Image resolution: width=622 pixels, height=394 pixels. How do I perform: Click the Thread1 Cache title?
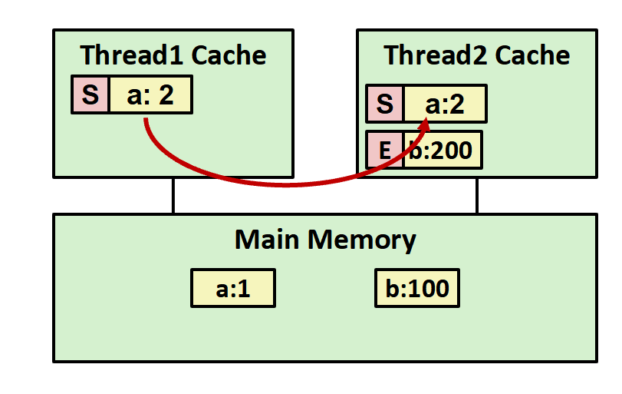pos(173,55)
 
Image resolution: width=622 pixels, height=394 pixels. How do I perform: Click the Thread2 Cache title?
pos(476,55)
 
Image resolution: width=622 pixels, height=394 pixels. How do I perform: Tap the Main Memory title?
pos(324,240)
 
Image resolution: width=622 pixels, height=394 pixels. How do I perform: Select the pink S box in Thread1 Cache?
pos(91,95)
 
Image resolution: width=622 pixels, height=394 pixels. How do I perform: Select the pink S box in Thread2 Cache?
pos(385,104)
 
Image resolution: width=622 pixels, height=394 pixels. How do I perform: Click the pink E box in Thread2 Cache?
pos(385,150)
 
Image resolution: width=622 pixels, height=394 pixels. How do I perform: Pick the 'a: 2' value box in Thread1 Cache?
pos(150,95)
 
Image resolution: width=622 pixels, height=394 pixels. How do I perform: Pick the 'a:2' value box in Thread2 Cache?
pos(446,104)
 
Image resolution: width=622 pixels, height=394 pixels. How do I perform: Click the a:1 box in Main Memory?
pos(232,289)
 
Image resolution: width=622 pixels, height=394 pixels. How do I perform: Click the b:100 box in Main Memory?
pos(417,289)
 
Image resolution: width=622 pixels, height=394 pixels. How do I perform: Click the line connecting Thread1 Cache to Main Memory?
pos(173,196)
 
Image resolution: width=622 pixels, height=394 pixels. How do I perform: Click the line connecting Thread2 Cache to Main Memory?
pos(476,196)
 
